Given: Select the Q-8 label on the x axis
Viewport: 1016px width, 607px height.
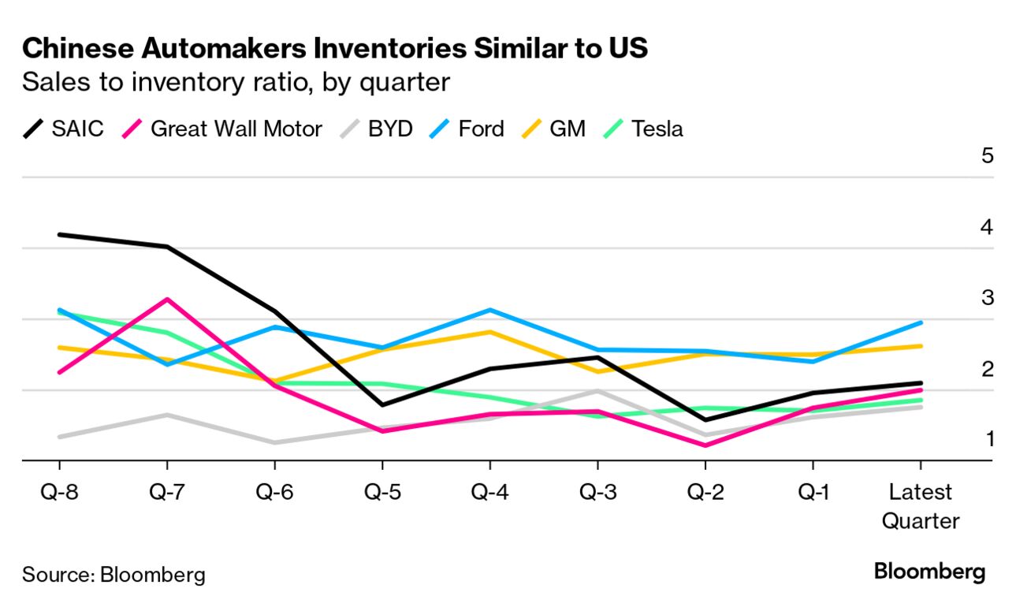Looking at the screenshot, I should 60,492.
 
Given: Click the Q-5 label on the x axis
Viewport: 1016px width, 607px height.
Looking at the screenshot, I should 382,492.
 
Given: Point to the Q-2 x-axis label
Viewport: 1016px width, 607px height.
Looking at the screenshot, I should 705,492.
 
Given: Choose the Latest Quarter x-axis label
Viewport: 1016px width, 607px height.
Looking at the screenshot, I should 921,506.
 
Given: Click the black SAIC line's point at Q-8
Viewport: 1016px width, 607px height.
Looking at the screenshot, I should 60,235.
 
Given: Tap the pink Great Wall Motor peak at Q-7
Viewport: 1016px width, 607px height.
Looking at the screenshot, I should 167,300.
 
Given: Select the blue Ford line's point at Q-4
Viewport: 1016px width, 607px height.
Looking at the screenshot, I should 489,310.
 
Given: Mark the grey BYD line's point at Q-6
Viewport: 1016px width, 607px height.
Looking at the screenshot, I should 274,442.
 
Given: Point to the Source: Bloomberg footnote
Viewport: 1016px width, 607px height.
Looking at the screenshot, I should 114,574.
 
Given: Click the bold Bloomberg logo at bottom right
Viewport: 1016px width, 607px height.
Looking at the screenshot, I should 929,572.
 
